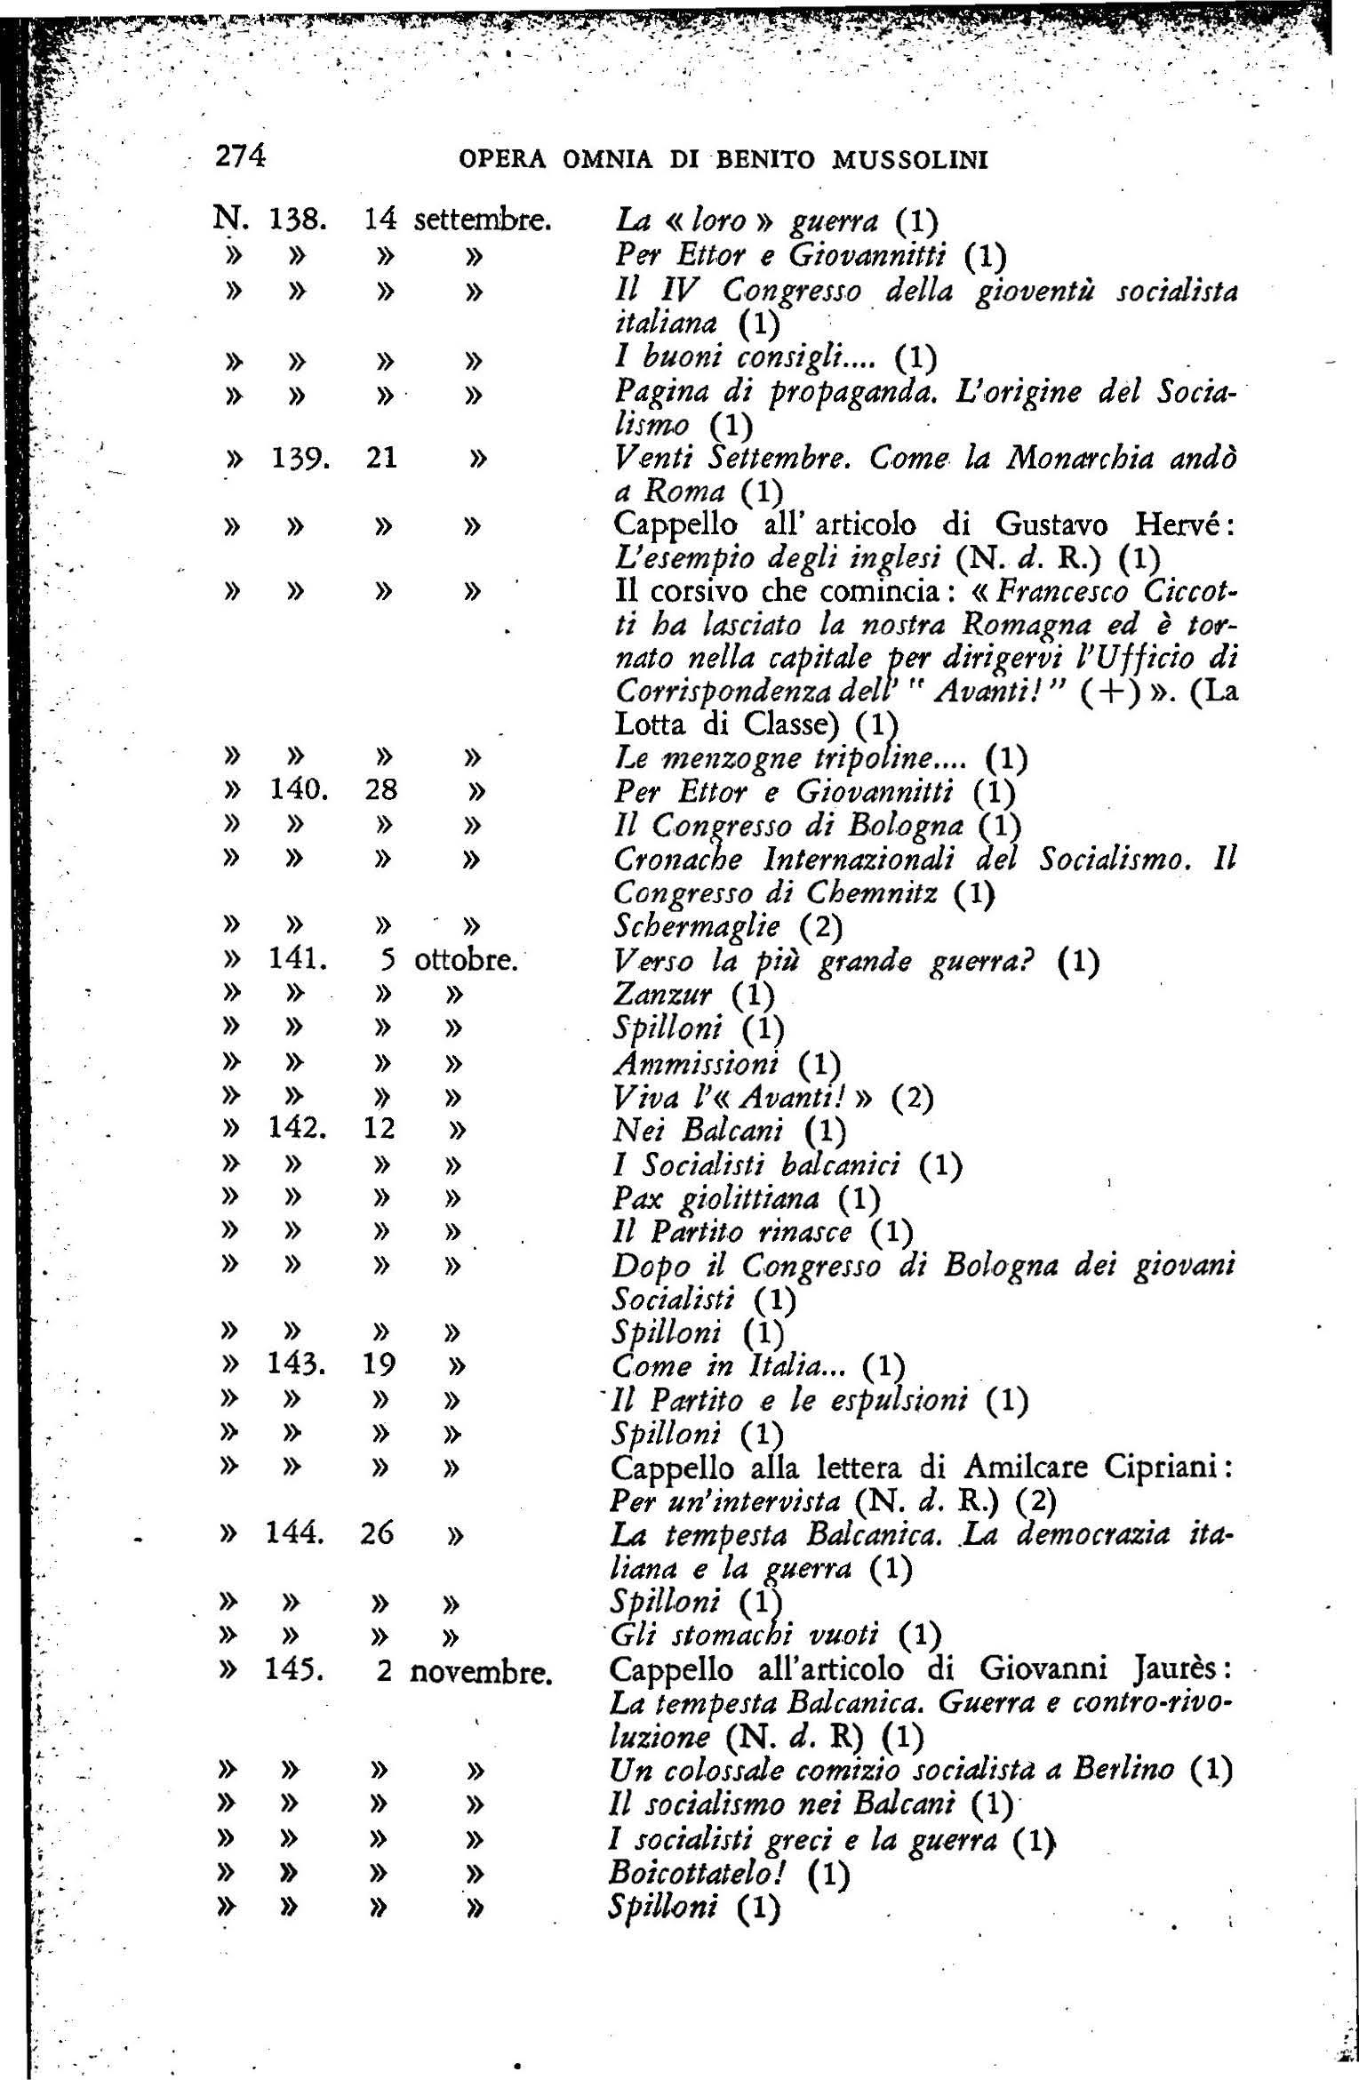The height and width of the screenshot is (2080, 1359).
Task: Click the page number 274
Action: pos(240,156)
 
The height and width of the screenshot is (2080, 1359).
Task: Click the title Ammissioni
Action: pos(697,1062)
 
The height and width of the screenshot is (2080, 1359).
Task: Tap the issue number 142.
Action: pos(298,1130)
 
